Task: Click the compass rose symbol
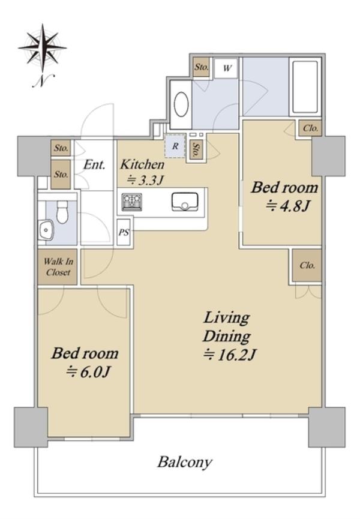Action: (x=43, y=47)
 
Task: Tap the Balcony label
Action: (x=184, y=462)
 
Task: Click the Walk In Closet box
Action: (x=58, y=267)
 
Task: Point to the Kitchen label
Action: (x=142, y=164)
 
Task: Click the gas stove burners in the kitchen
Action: (x=131, y=202)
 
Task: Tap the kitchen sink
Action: (x=184, y=202)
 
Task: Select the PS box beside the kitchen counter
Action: (x=124, y=232)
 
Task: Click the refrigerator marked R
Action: (x=175, y=146)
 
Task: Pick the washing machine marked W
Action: (x=226, y=68)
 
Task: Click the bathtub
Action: (x=305, y=87)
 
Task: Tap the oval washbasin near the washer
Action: (x=181, y=104)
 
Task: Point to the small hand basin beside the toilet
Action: (x=46, y=229)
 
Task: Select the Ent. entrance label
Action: (x=94, y=164)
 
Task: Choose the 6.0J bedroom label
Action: (x=85, y=362)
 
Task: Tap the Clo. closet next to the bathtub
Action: (x=311, y=128)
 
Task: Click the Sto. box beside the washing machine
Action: (x=202, y=67)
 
